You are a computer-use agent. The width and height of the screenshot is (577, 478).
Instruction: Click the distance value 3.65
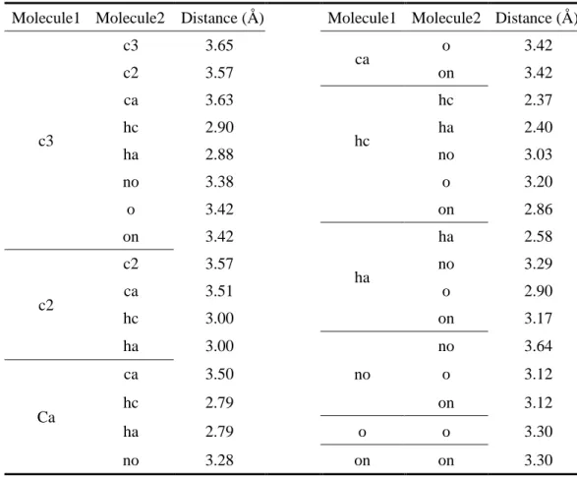219,45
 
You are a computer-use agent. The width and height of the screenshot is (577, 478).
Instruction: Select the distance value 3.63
219,100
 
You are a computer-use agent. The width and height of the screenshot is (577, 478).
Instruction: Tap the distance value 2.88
219,154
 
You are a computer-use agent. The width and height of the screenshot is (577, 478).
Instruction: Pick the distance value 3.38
219,182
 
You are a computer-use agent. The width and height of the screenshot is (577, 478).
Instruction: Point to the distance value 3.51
219,291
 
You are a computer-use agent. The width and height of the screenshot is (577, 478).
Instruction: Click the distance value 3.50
219,374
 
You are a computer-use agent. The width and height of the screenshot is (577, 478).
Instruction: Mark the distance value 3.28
219,460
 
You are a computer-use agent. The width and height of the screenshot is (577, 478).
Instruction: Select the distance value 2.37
539,100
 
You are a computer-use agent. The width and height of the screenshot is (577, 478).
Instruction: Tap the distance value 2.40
539,128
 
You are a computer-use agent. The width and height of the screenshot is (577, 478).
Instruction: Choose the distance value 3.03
539,154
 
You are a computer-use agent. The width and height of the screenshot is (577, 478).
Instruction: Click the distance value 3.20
539,182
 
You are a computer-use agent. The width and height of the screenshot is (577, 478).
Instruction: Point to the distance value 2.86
539,209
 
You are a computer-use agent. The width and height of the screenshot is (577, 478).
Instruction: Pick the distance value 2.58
539,237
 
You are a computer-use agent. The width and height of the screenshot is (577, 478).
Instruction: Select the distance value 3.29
539,264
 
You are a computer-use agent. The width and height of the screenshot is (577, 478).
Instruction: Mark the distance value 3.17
539,319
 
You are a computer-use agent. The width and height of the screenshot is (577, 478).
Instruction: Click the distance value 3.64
539,346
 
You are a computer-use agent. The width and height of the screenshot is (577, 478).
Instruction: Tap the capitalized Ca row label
46,417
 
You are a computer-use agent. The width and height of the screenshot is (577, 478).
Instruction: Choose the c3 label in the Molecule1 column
46,141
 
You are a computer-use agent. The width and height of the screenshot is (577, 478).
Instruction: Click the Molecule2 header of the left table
131,18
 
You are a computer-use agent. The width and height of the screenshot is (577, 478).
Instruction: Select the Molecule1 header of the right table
362,18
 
